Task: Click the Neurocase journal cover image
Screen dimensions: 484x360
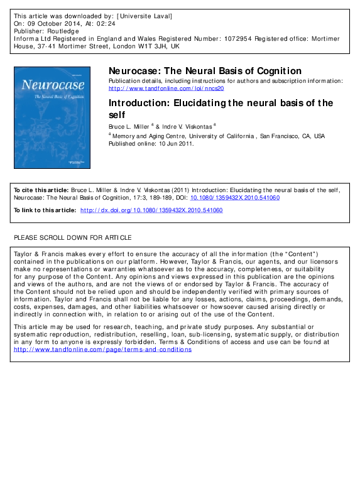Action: point(52,117)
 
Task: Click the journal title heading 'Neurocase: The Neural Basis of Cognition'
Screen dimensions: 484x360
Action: point(205,71)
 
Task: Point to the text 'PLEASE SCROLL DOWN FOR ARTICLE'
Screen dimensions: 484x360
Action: point(73,238)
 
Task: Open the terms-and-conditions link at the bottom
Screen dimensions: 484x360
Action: point(102,349)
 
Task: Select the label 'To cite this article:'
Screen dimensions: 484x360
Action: point(41,190)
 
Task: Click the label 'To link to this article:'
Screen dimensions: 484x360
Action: point(45,211)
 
